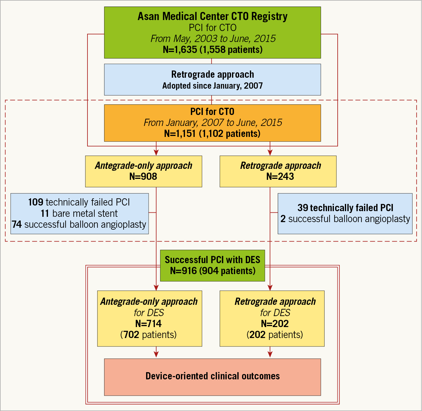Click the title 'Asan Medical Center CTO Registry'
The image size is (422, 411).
point(212,16)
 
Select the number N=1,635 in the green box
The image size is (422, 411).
point(180,49)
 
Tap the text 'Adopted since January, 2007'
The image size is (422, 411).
point(212,86)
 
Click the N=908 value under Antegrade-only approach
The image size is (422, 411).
point(143,176)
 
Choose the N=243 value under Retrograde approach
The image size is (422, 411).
point(280,176)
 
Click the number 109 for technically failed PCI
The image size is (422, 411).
point(35,202)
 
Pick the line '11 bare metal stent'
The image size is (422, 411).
point(79,214)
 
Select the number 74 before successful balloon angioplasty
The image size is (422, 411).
point(17,225)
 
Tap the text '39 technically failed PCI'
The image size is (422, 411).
point(345,208)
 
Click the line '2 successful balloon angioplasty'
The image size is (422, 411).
point(345,219)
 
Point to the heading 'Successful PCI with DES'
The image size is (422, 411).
point(212,260)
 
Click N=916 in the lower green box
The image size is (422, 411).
point(183,271)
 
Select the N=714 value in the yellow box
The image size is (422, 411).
point(148,324)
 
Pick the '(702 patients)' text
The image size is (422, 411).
point(148,335)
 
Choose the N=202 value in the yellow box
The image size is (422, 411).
point(275,324)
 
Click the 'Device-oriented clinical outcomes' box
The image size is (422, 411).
point(212,376)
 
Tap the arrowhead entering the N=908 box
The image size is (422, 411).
point(156,153)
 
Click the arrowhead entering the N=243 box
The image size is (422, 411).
point(270,153)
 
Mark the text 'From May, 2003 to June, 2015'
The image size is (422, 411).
point(213,39)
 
